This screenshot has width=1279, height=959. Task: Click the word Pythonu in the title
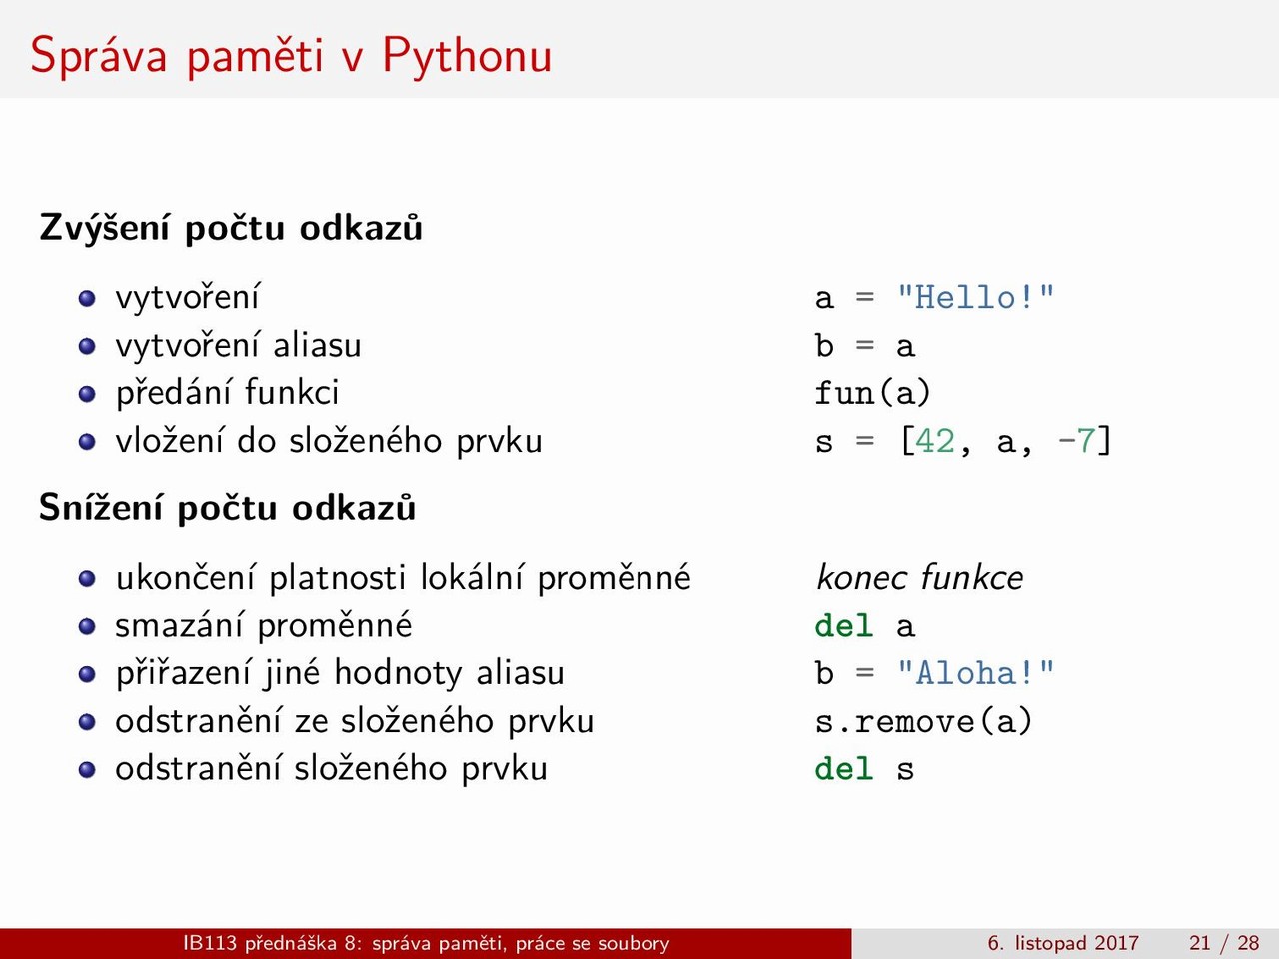[x=467, y=57]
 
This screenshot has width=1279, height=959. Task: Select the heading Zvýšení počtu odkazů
[x=231, y=227]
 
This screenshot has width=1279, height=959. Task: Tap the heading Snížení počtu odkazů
[x=227, y=507]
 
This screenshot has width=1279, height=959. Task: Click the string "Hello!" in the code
[x=976, y=297]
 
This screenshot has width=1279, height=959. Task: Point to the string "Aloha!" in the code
[x=976, y=673]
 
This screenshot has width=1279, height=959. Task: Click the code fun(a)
[x=873, y=393]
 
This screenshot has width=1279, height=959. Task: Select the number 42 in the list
[x=935, y=441]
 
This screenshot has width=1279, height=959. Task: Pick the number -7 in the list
[x=1077, y=441]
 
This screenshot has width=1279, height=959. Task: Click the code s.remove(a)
[x=923, y=721]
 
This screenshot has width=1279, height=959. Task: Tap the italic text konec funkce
[x=919, y=578]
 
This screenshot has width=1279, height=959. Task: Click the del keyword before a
[x=843, y=626]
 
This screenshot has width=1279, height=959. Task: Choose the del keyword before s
[x=843, y=768]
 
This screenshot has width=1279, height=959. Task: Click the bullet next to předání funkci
[x=87, y=394]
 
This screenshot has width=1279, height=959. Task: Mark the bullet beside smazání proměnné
[x=87, y=627]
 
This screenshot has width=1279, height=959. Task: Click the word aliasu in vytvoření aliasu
[x=317, y=345]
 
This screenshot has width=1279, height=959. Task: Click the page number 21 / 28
[x=1224, y=943]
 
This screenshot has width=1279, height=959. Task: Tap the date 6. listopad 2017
[x=1063, y=943]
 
